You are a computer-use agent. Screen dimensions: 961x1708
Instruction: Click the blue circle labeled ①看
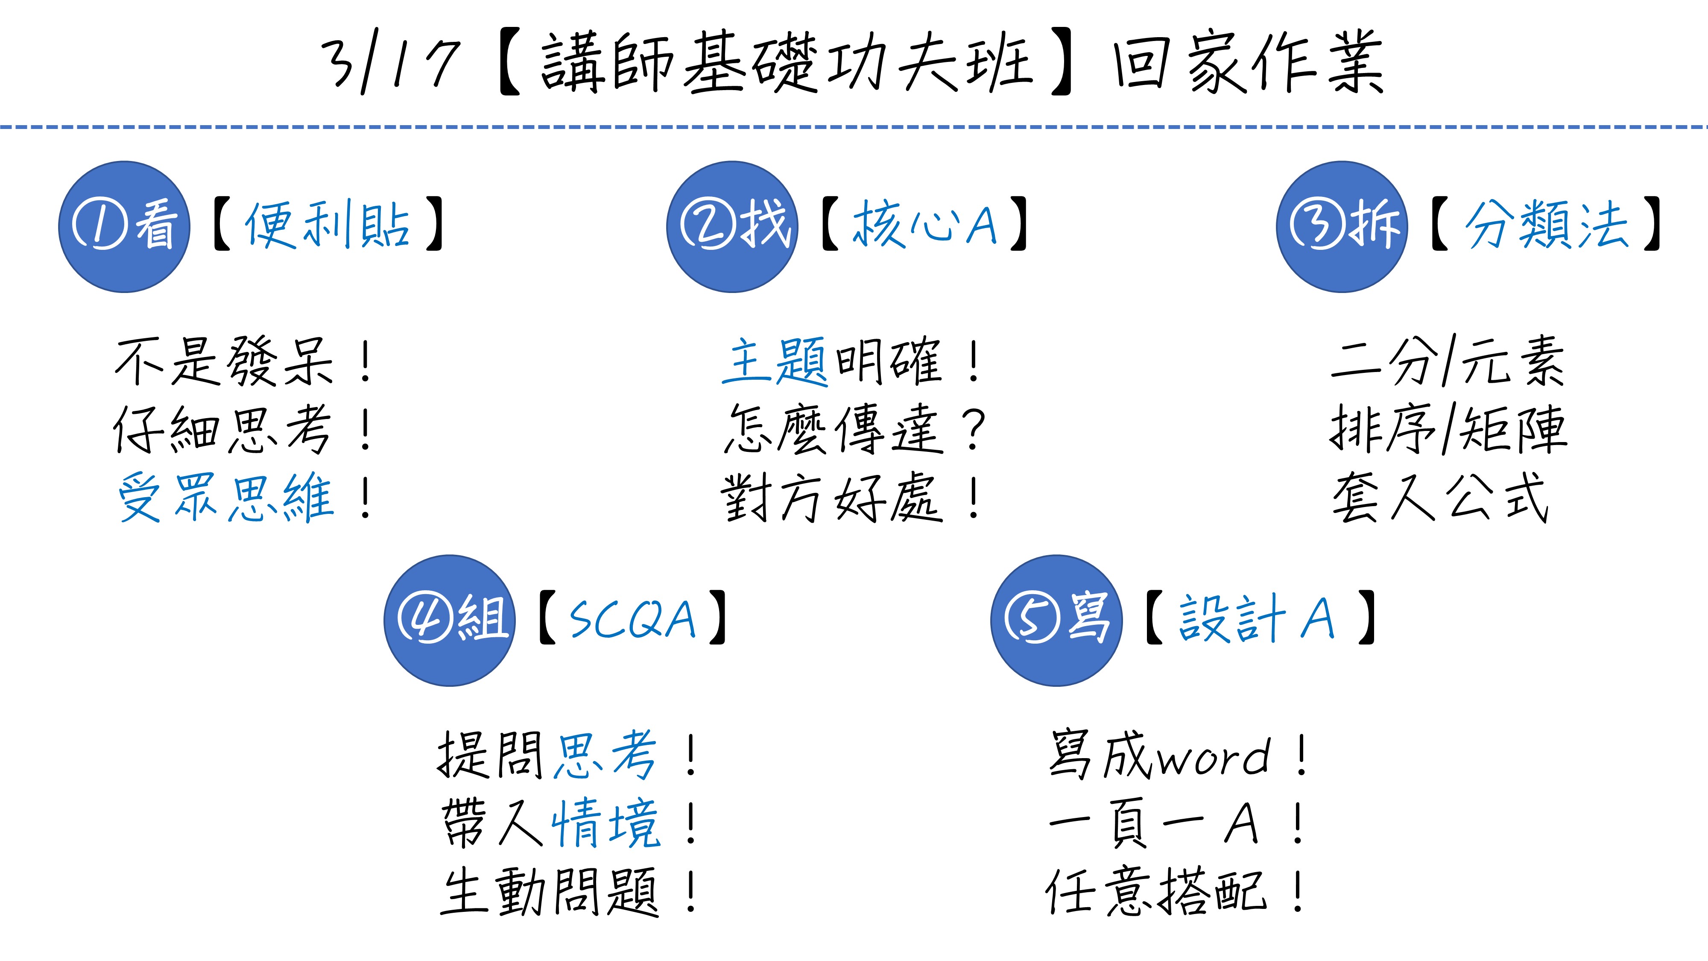pos(124,227)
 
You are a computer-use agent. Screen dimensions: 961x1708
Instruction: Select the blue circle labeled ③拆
pos(1342,227)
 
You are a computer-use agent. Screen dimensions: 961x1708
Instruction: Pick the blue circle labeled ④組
pos(450,620)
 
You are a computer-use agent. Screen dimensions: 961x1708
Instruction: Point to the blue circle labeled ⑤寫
pos(1056,620)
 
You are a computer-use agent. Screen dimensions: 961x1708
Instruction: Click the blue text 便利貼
pos(328,226)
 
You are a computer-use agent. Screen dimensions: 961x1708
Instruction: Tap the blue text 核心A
pos(924,226)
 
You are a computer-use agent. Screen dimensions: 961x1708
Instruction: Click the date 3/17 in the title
pos(391,63)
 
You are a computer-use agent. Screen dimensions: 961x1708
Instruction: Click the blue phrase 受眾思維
pos(225,498)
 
